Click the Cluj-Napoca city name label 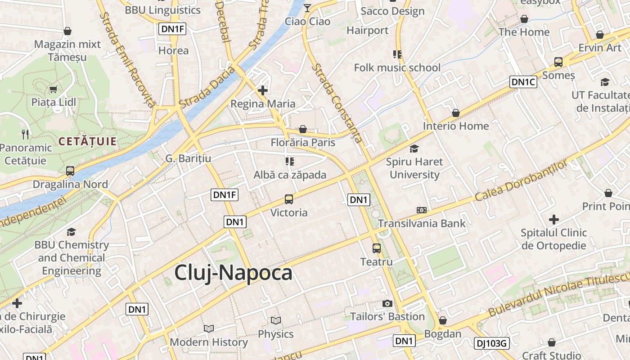[x=233, y=273]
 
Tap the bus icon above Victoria [x=289, y=199]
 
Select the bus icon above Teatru [x=377, y=248]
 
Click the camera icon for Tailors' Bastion [x=387, y=303]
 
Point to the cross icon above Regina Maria [x=263, y=90]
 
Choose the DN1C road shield [x=523, y=82]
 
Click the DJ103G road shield [x=492, y=344]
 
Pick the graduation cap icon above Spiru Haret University [x=414, y=148]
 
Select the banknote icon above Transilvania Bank [x=422, y=210]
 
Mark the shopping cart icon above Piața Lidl [x=54, y=89]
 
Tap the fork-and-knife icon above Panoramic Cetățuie [x=25, y=134]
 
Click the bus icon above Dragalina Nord [x=70, y=171]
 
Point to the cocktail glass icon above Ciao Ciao [x=307, y=8]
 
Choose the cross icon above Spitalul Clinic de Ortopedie [x=554, y=220]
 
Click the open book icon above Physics [x=276, y=320]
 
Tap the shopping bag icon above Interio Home [x=456, y=113]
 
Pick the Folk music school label [x=397, y=68]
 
